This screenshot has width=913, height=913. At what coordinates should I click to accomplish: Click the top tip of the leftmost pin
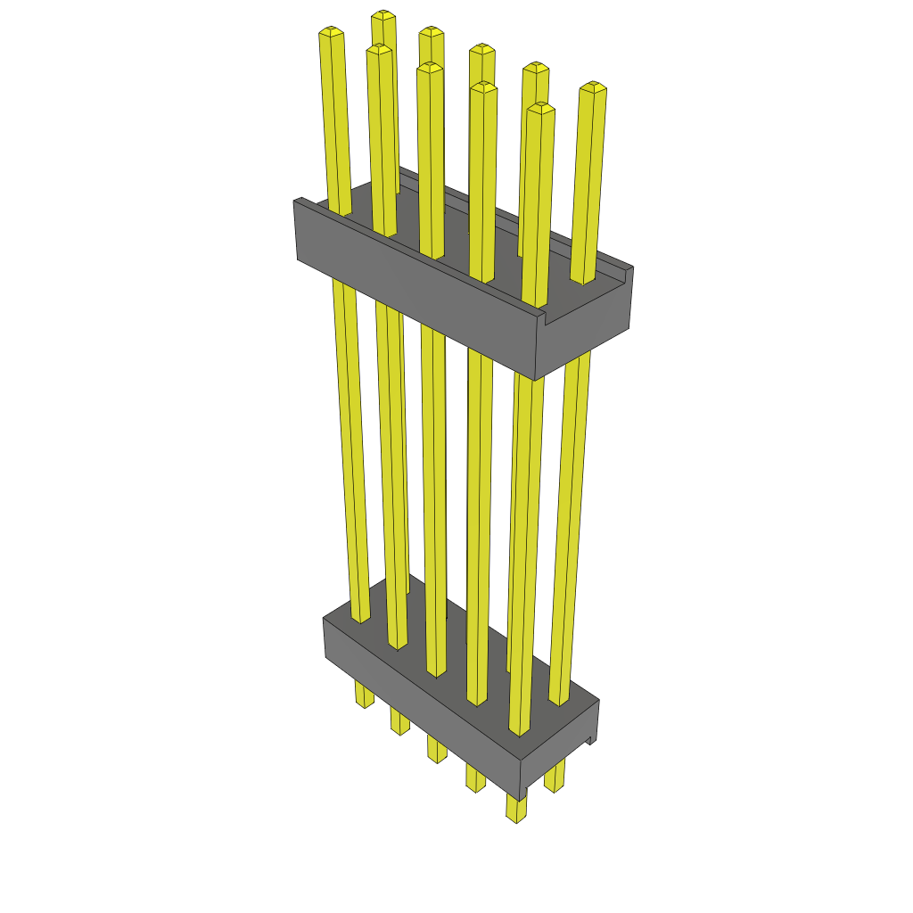(x=331, y=33)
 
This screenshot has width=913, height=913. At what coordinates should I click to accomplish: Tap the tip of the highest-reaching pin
(x=384, y=15)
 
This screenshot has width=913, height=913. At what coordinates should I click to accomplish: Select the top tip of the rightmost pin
(x=593, y=87)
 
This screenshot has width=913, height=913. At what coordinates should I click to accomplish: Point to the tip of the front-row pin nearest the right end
(x=540, y=108)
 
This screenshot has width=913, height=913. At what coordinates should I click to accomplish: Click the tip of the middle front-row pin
(x=430, y=67)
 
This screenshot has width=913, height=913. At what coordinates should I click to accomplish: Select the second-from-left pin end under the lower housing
(x=399, y=728)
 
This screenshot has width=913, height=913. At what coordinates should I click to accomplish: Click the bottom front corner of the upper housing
(x=534, y=379)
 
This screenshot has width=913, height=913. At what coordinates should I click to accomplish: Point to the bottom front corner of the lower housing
(x=521, y=799)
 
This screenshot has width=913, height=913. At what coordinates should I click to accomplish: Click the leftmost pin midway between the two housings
(x=350, y=446)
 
